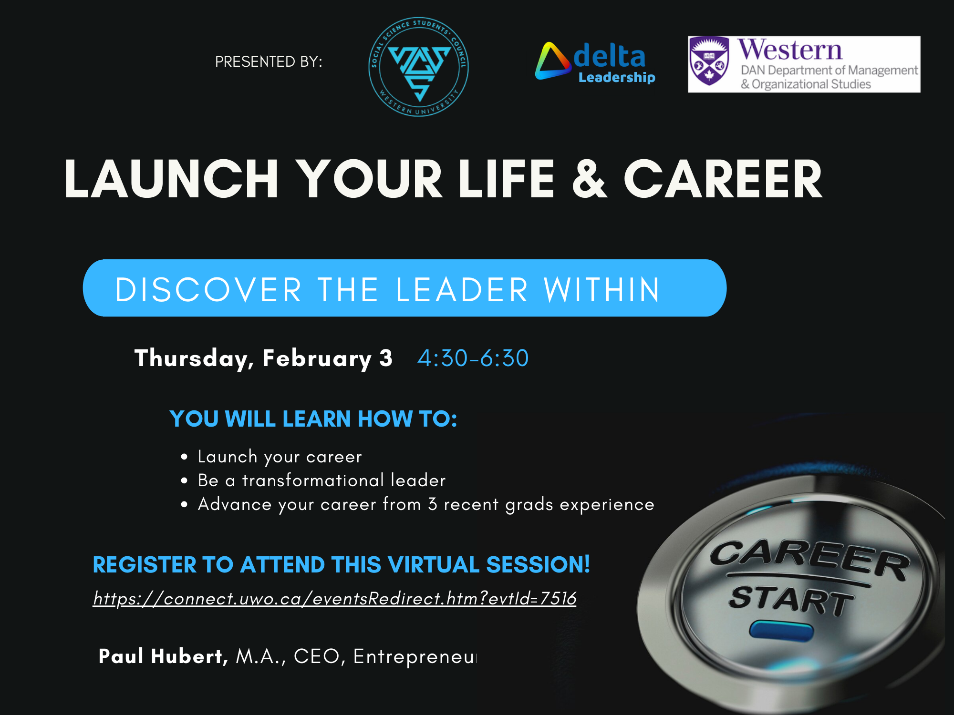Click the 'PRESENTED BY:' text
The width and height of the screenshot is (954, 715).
(269, 62)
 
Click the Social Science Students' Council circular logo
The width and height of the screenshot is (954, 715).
(418, 67)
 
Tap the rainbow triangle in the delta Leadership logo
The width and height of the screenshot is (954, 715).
(552, 62)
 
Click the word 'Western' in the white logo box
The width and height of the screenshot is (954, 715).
(790, 50)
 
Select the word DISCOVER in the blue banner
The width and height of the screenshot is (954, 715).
(208, 290)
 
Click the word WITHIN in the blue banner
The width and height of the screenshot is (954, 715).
(602, 290)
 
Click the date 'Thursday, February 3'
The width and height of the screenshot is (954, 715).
(263, 358)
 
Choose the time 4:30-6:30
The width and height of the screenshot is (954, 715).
(473, 358)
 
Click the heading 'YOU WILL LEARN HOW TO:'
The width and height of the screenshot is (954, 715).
(313, 419)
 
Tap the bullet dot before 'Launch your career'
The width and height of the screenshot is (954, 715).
(184, 457)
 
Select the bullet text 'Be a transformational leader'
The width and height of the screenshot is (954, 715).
(321, 480)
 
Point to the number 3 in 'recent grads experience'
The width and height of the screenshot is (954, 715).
(432, 504)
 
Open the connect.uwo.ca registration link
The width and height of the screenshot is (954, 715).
(334, 599)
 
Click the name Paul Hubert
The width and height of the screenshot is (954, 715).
(161, 656)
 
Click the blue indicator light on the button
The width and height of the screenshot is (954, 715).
(781, 630)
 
